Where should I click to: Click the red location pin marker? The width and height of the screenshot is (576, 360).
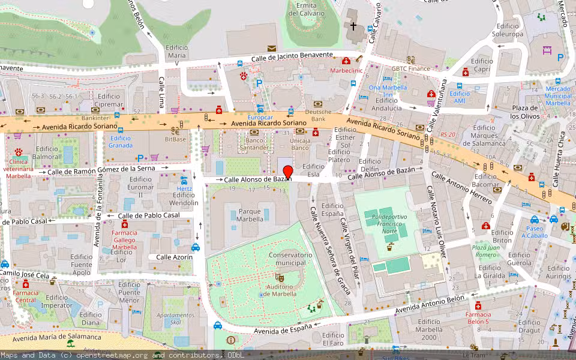click(288, 172)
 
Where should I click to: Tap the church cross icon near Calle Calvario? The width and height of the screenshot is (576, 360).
click(353, 26)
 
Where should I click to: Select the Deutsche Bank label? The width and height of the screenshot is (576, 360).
click(318, 116)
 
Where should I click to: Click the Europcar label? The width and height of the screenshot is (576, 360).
click(260, 117)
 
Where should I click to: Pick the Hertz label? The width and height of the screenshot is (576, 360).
click(184, 188)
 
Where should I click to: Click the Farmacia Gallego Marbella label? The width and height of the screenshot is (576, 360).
click(125, 239)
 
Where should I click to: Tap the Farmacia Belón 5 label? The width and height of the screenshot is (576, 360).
click(478, 317)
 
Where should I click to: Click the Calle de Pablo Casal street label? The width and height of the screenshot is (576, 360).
click(149, 215)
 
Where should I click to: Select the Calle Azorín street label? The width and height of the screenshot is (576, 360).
click(174, 257)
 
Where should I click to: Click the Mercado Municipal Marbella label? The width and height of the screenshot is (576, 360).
click(557, 96)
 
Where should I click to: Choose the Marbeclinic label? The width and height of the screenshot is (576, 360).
click(347, 70)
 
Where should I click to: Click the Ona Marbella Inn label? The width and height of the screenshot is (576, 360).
click(388, 91)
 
